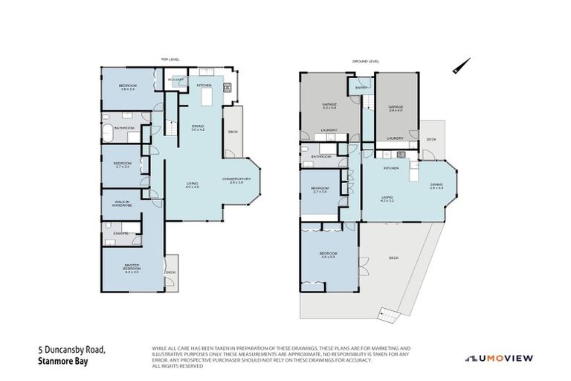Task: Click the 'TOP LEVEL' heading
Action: point(171,59)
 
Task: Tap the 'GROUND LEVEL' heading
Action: point(365,61)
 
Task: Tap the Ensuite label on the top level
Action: point(121,234)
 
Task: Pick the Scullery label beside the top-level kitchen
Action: point(176,80)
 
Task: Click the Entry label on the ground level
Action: point(361,88)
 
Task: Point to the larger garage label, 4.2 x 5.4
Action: point(329,106)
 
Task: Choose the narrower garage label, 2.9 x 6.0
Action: point(395,108)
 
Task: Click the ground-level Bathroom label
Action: point(321,156)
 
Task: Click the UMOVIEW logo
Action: point(500,358)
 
